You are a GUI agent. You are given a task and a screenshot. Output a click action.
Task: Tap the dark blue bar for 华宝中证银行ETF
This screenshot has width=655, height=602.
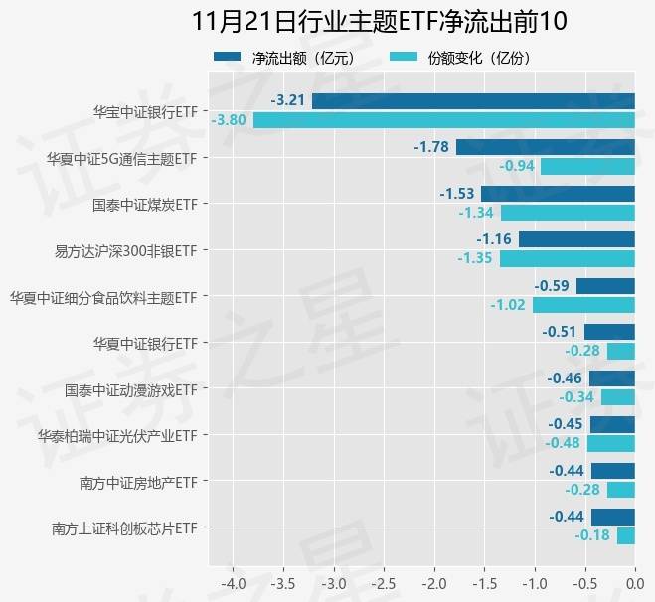[473, 100]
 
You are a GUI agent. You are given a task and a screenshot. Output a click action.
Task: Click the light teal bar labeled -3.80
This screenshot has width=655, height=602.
[444, 120]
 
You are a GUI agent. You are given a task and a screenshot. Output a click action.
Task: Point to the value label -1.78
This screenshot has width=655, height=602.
[432, 147]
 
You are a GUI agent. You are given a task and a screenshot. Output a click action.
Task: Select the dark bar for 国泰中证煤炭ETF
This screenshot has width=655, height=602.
[558, 193]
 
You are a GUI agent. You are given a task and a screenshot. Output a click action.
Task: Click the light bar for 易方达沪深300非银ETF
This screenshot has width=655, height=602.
[567, 258]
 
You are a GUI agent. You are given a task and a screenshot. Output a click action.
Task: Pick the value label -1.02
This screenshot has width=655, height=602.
[508, 305]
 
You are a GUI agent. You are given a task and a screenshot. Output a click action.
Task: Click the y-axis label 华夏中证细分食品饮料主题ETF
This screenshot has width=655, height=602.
[104, 296]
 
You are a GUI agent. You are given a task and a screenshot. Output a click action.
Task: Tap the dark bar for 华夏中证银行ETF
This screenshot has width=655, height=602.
[609, 332]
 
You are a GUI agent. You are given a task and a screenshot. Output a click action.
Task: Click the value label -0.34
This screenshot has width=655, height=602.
[576, 397]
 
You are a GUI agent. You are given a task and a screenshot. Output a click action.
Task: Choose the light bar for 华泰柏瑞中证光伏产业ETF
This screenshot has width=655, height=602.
[610, 443]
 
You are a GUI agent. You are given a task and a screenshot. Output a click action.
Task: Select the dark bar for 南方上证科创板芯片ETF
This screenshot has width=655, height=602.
[612, 517]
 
